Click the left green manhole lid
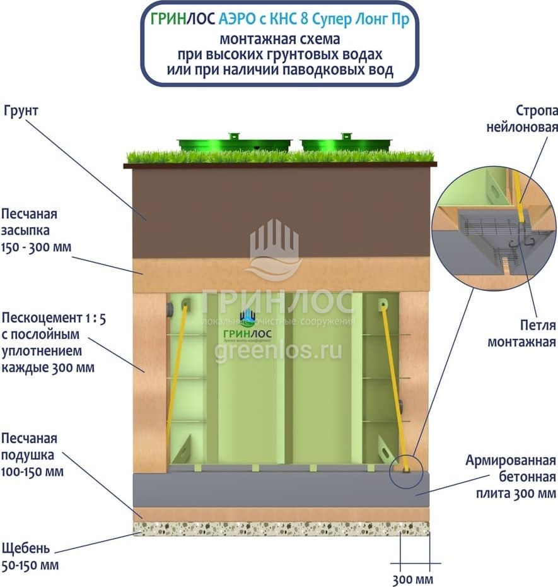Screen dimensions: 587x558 tap(235, 144)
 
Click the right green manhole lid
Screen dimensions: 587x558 tap(346, 144)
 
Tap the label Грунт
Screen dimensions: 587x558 tap(21, 110)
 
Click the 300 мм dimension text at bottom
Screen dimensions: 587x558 tap(413, 579)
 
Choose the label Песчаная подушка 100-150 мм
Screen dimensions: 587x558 tap(32, 454)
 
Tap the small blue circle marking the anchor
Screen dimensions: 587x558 tap(405, 470)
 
